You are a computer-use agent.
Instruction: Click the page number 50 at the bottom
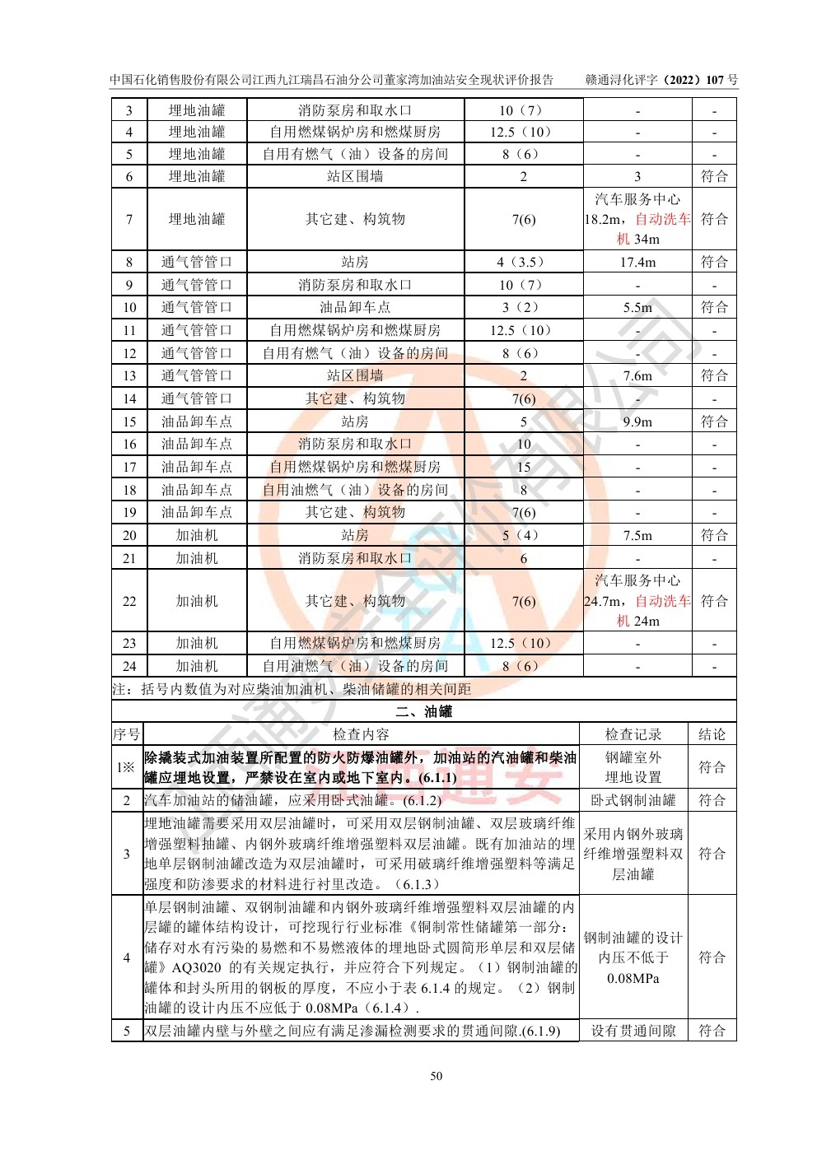coord(436,1076)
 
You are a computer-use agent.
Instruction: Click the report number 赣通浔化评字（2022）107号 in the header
coord(661,80)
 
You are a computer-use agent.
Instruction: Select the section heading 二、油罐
coord(423,711)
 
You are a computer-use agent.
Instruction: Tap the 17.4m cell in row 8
coord(637,262)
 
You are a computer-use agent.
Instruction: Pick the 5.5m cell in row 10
coord(637,307)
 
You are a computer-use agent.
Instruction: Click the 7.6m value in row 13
coord(637,375)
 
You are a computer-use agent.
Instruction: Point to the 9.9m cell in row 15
coord(637,421)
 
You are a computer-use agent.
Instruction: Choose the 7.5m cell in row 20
coord(637,535)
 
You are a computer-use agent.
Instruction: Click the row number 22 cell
coord(129,601)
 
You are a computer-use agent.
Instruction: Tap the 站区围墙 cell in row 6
coord(355,176)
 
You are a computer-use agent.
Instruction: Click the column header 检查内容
coord(361,734)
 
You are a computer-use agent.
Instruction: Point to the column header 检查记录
coord(633,734)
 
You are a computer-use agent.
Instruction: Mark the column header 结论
coord(712,734)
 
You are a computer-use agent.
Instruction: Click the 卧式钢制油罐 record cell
coord(633,800)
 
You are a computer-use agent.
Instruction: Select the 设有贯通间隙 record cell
coord(633,1031)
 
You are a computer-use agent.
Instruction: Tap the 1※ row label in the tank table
coord(126,767)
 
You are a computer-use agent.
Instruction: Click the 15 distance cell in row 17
coord(524,467)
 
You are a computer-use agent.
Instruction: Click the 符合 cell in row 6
coord(714,176)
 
